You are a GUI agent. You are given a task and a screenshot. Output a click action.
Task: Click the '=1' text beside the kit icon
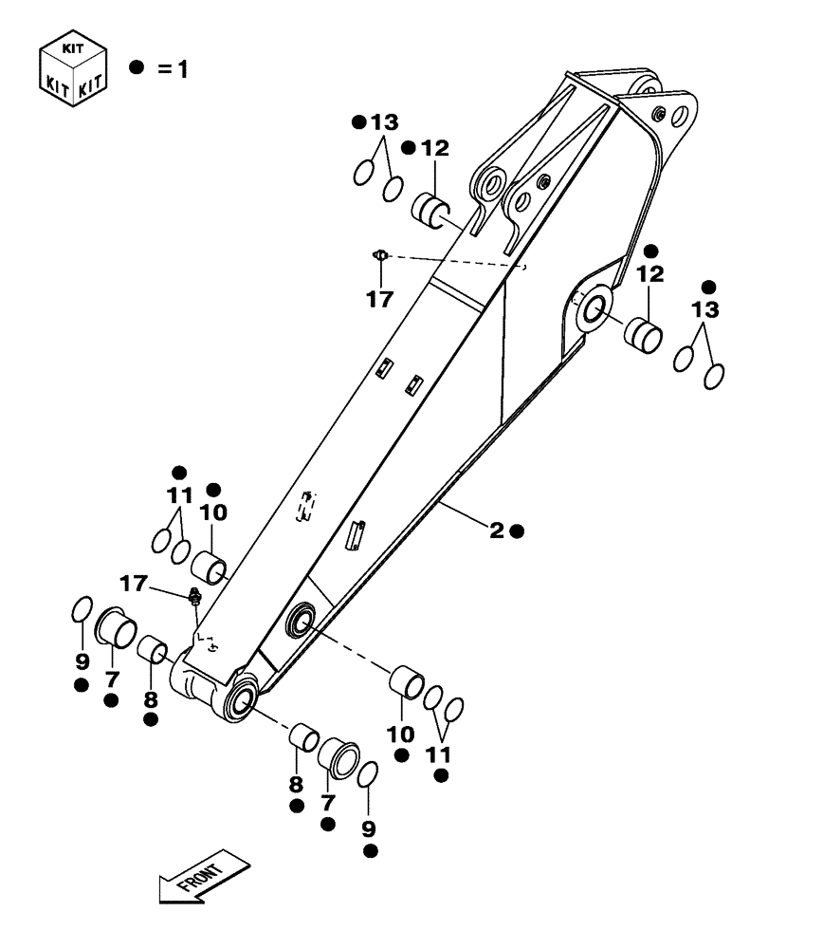pyautogui.click(x=173, y=69)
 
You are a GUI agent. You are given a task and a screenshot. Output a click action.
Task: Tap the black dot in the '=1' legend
pyautogui.click(x=137, y=68)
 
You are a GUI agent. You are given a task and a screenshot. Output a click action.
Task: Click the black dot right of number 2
pyautogui.click(x=517, y=531)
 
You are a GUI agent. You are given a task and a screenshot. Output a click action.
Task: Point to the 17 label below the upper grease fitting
pyautogui.click(x=379, y=300)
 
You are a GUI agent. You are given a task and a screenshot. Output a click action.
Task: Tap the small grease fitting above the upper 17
pyautogui.click(x=379, y=254)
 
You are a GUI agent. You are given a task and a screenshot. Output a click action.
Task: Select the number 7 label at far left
pyautogui.click(x=112, y=679)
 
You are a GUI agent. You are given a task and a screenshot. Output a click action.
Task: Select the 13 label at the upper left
pyautogui.click(x=384, y=122)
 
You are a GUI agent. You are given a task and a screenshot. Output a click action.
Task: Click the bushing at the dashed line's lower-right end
pyautogui.click(x=408, y=681)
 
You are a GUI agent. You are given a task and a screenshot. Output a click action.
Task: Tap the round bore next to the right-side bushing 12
pyautogui.click(x=594, y=308)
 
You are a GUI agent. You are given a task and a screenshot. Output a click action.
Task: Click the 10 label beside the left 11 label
pyautogui.click(x=213, y=512)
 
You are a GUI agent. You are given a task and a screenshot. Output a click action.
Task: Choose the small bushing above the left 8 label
pyautogui.click(x=154, y=651)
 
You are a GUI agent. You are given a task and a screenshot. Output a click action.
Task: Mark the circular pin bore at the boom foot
pyautogui.click(x=240, y=703)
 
